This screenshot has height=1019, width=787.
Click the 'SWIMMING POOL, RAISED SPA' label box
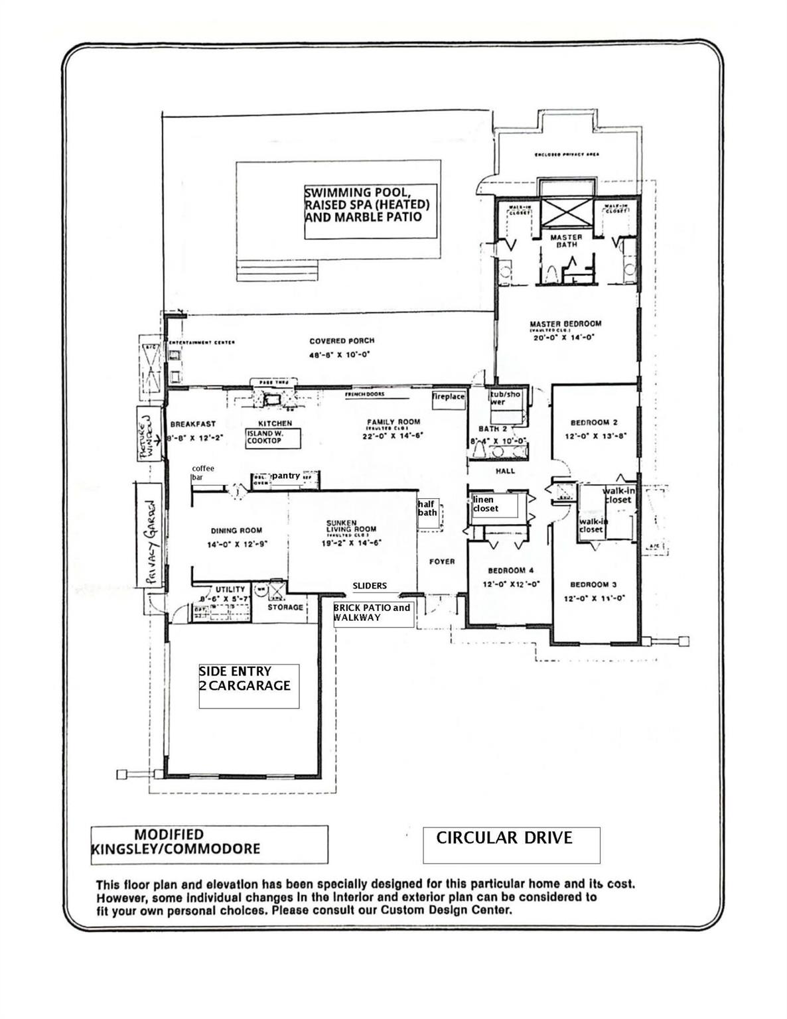pos(370,211)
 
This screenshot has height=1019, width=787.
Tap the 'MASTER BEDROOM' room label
pos(565,324)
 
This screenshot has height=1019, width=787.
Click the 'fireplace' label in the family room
pos(449,397)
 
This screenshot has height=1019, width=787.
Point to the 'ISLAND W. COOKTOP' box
pos(273,438)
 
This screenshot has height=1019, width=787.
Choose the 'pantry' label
pos(285,476)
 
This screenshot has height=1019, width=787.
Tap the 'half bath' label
pos(428,508)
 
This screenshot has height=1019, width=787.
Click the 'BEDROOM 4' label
pos(510,571)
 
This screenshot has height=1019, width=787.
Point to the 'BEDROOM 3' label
pos(593,584)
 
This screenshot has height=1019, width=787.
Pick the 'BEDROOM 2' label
pos(594,423)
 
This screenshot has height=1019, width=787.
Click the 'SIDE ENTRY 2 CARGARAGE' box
pos(249,685)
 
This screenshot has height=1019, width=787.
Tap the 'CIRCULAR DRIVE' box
pos(511,845)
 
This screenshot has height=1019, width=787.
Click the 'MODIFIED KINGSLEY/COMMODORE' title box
pos(209,844)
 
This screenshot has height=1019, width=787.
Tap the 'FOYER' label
pos(442,561)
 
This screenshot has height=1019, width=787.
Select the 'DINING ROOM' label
pos(236,530)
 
